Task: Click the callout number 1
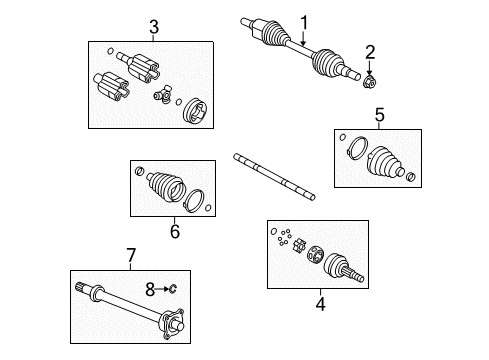click(304, 21)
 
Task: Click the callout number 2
click(369, 52)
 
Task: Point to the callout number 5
click(378, 115)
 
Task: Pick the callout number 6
click(174, 232)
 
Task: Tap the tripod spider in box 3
click(160, 95)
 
